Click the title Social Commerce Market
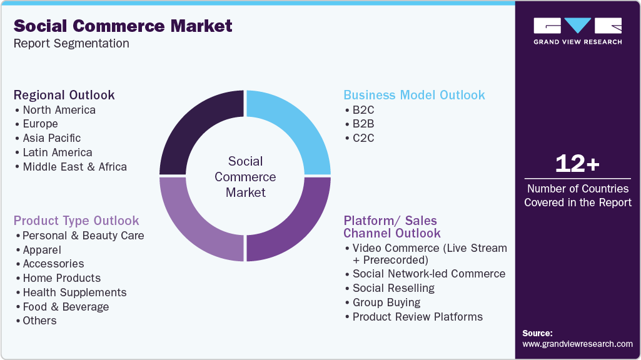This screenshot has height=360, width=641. tap(123, 26)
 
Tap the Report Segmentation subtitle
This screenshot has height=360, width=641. tap(71, 44)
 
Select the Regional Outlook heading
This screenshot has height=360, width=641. tap(64, 95)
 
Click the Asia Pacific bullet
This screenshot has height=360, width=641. tap(51, 138)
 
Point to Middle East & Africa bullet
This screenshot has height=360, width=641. tap(74, 167)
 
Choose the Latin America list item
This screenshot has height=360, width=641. tap(57, 152)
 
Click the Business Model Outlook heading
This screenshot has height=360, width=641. tap(414, 95)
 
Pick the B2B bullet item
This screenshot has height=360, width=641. tap(363, 124)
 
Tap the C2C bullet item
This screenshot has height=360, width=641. tap(363, 138)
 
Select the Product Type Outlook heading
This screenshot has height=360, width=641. tap(76, 221)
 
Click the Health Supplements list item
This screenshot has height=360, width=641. tap(74, 292)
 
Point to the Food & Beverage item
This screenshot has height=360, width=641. tap(66, 307)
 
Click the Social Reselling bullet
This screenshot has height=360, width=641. tap(393, 288)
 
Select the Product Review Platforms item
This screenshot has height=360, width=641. tap(417, 317)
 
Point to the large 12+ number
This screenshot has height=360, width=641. tap(577, 164)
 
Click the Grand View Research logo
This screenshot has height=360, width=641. tap(577, 30)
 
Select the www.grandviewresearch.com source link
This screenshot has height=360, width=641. tap(577, 344)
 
